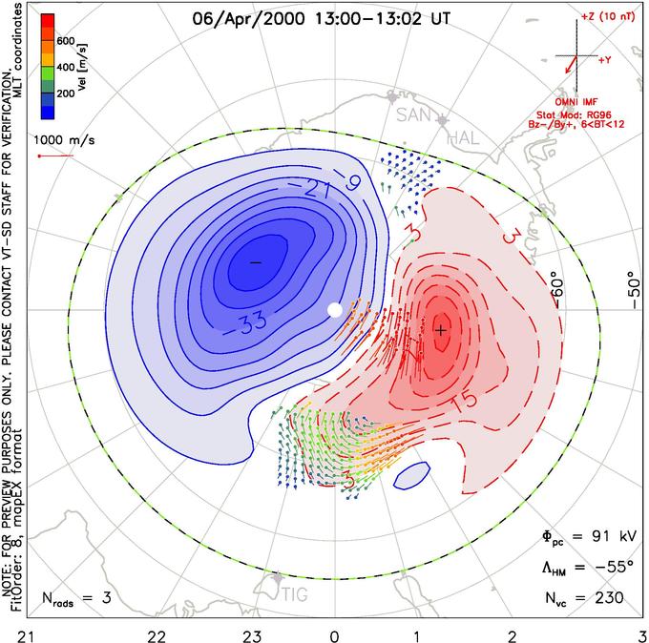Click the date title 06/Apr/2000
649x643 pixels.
pyautogui.click(x=248, y=19)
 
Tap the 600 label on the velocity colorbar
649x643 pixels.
pyautogui.click(x=66, y=41)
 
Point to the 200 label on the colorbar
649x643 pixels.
pyautogui.click(x=66, y=93)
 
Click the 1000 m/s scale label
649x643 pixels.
pyautogui.click(x=64, y=140)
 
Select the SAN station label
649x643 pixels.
pyautogui.click(x=413, y=115)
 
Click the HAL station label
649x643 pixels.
pyautogui.click(x=464, y=138)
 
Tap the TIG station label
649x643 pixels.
pyautogui.click(x=295, y=595)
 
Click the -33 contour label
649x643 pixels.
pyautogui.click(x=245, y=323)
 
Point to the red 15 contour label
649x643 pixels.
pyautogui.click(x=465, y=401)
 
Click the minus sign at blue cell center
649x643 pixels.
pyautogui.click(x=256, y=262)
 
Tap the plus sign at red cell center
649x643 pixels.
pyautogui.click(x=441, y=330)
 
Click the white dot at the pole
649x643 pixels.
pyautogui.click(x=335, y=310)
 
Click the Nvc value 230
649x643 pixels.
pyautogui.click(x=609, y=597)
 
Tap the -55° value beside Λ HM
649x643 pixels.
pyautogui.click(x=614, y=567)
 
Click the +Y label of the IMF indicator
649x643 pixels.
pyautogui.click(x=605, y=60)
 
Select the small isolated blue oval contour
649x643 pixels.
pyautogui.click(x=412, y=476)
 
